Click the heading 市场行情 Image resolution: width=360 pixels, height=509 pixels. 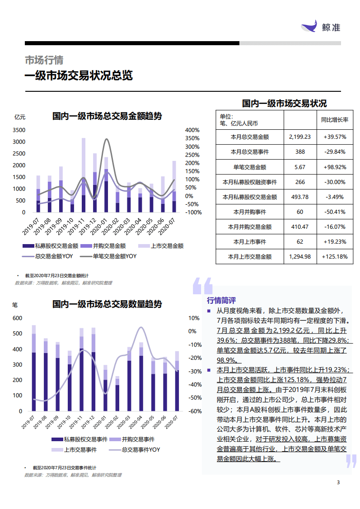tap(44, 60)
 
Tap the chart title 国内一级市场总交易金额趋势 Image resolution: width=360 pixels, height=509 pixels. tap(107, 116)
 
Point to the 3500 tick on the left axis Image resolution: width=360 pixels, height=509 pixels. tap(19, 130)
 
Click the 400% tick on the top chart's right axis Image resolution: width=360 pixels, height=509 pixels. tap(192, 130)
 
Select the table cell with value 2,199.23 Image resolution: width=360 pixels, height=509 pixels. tap(299, 137)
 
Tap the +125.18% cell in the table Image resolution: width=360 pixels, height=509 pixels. tap(335, 256)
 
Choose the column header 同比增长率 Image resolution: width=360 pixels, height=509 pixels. tap(335, 120)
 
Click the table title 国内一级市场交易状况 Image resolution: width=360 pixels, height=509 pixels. tap(284, 103)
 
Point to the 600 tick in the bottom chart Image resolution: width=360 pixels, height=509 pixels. tap(17, 318)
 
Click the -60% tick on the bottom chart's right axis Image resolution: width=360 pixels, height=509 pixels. tap(195, 411)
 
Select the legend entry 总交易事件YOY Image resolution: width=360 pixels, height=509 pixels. tap(140, 450)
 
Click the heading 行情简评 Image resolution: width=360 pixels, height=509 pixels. tap(221, 300)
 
